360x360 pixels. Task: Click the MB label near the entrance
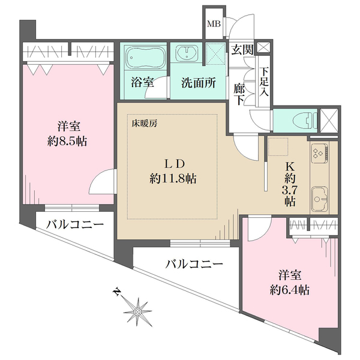[213, 25]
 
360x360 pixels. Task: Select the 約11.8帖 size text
[174, 179]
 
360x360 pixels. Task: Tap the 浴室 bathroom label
[142, 83]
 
